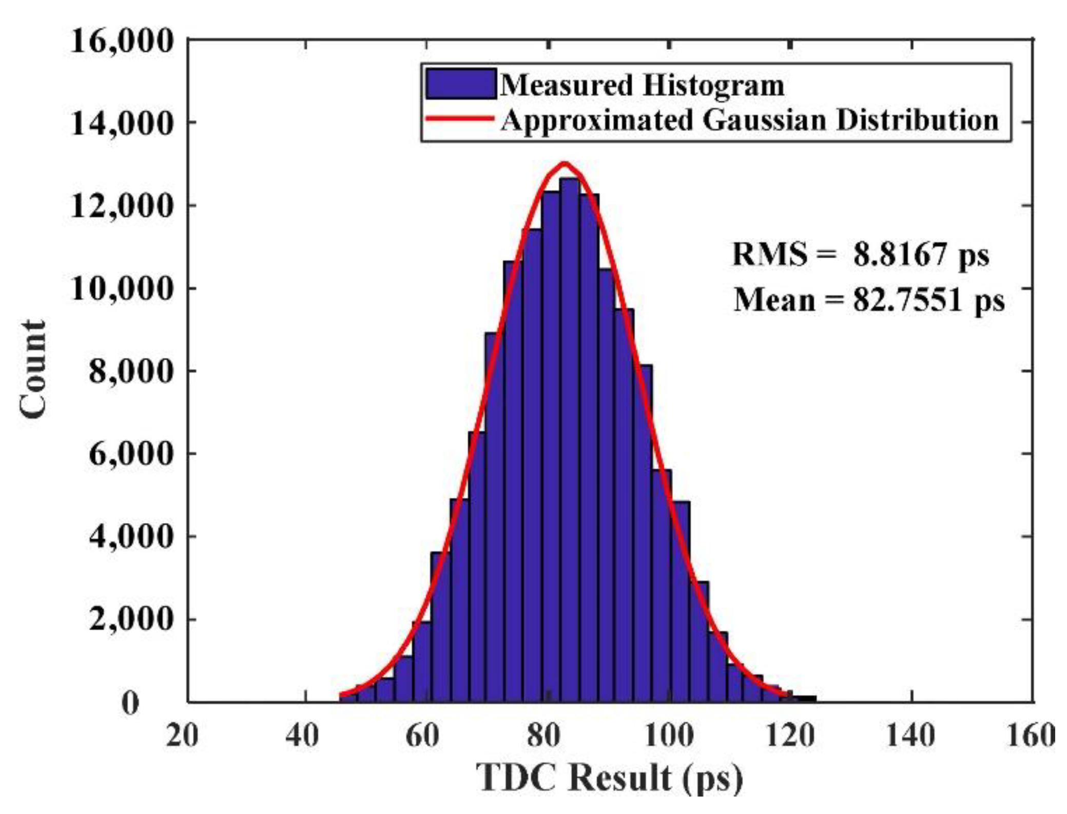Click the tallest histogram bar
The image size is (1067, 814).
[x=569, y=436]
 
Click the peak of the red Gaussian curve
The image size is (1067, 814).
[x=565, y=164]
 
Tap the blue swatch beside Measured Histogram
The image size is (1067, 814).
[x=460, y=84]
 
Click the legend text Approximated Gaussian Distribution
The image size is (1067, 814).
[x=749, y=120]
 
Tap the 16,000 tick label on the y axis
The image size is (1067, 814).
[x=121, y=41]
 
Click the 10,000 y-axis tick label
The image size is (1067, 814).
[x=121, y=288]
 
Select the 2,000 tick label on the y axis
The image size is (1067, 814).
[x=130, y=619]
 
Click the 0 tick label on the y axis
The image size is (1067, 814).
[x=130, y=703]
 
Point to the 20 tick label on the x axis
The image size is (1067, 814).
[x=182, y=735]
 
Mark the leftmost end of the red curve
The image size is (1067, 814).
[x=341, y=695]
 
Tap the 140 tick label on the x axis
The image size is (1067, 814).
[x=910, y=735]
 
